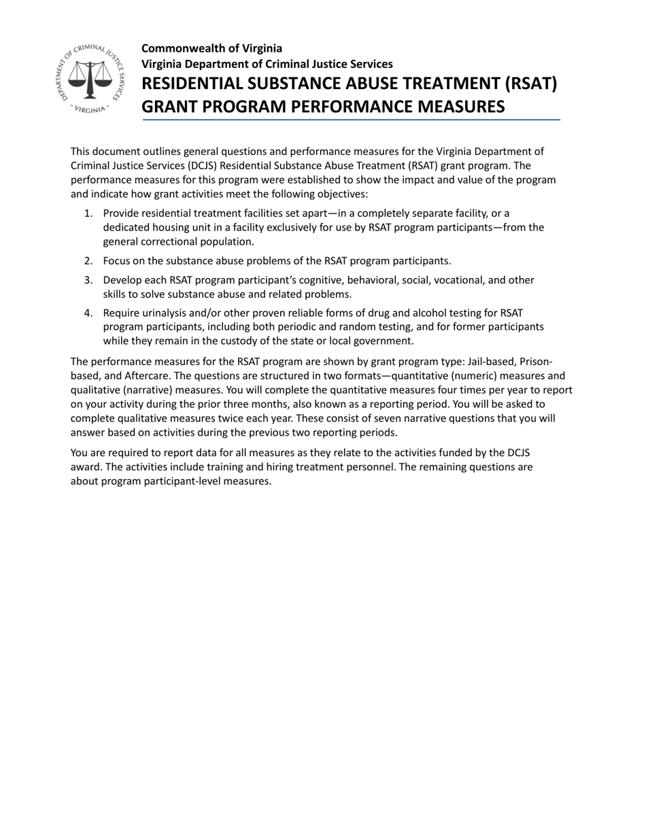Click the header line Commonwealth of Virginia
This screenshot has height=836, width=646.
pos(211,48)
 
